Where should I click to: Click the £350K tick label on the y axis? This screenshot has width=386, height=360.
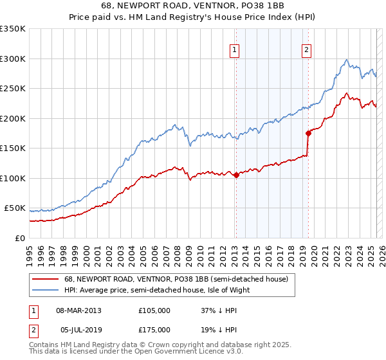coord(13,29)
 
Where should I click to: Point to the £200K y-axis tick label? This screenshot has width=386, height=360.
coord(13,118)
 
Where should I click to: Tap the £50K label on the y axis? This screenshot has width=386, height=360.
coord(15,208)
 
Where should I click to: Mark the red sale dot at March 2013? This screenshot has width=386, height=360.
coord(236,174)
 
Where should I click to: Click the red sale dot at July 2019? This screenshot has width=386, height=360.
coord(308,133)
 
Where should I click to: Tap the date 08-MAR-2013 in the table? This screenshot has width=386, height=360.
coord(78,310)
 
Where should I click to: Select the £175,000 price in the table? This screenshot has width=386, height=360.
coord(154,330)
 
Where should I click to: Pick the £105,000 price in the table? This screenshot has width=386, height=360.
coord(154,310)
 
